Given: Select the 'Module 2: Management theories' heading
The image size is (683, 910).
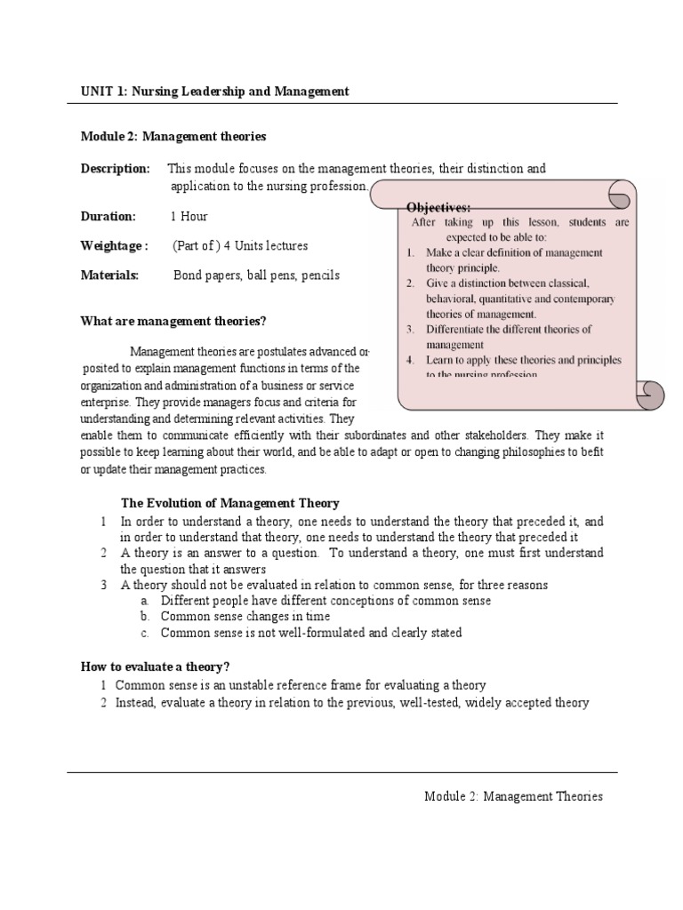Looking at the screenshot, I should [x=173, y=136].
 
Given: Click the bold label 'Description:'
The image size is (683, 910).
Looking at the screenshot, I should [x=115, y=169].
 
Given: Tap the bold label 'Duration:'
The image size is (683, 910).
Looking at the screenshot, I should [x=108, y=216].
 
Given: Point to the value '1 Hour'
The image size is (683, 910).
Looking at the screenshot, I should [x=189, y=216].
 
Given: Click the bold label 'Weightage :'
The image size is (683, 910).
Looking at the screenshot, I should [x=114, y=245].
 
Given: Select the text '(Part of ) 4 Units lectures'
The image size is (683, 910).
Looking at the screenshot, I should [x=240, y=245].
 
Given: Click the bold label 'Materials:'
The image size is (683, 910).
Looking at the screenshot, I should [x=110, y=275].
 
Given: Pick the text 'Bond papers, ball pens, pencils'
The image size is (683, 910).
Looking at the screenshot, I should [x=256, y=275].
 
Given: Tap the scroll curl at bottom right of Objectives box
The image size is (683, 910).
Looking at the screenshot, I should [x=651, y=391].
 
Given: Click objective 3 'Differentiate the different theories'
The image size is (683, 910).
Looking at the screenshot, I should [x=508, y=336].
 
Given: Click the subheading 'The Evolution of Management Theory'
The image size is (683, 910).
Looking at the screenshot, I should [x=229, y=504].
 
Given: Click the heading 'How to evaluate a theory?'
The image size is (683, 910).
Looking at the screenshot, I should [x=161, y=667].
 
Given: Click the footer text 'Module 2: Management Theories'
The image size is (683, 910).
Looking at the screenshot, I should [x=513, y=796].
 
